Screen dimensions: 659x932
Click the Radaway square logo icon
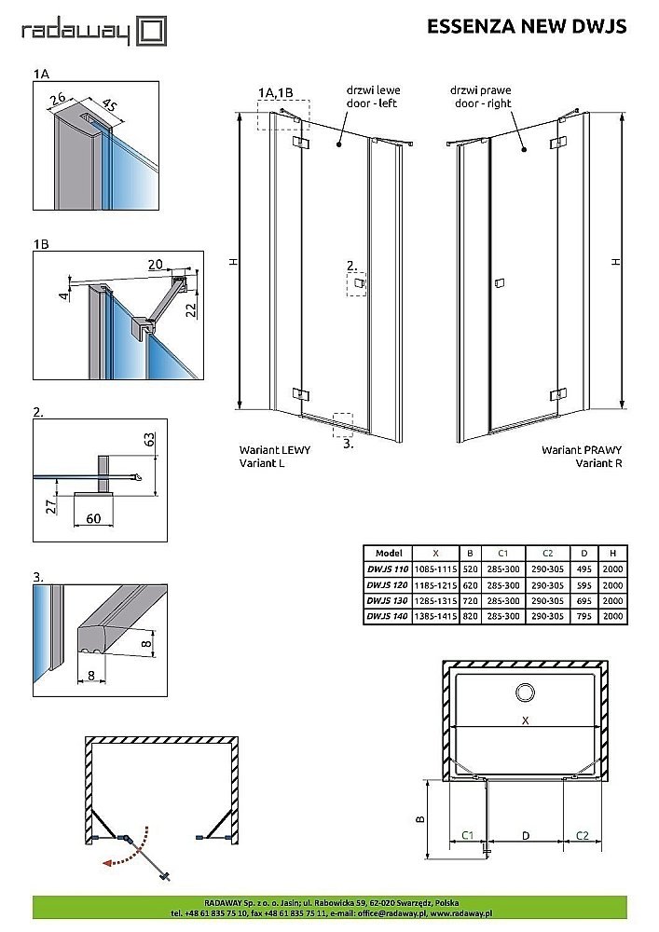pyautogui.click(x=152, y=32)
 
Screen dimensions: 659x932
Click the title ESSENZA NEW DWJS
pyautogui.click(x=527, y=27)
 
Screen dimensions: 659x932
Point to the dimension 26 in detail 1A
pyautogui.click(x=58, y=98)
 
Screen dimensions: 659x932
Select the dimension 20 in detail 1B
pyautogui.click(x=155, y=265)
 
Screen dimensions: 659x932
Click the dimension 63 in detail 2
pyautogui.click(x=149, y=440)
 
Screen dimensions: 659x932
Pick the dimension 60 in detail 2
pyautogui.click(x=93, y=518)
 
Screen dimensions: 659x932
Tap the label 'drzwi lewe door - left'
pyautogui.click(x=373, y=97)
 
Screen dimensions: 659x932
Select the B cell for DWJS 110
pyautogui.click(x=470, y=569)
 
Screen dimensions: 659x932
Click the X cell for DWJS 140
pyautogui.click(x=435, y=616)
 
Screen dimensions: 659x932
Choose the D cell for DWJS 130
pyautogui.click(x=583, y=601)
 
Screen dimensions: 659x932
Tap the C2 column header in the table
pyautogui.click(x=547, y=554)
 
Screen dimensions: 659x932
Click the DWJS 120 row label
pyautogui.click(x=388, y=585)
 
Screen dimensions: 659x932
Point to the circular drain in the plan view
pyautogui.click(x=526, y=692)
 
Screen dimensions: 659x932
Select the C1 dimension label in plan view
pyautogui.click(x=468, y=836)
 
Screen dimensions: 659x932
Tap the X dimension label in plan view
pyautogui.click(x=526, y=720)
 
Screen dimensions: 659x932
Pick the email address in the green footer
pyautogui.click(x=385, y=912)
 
